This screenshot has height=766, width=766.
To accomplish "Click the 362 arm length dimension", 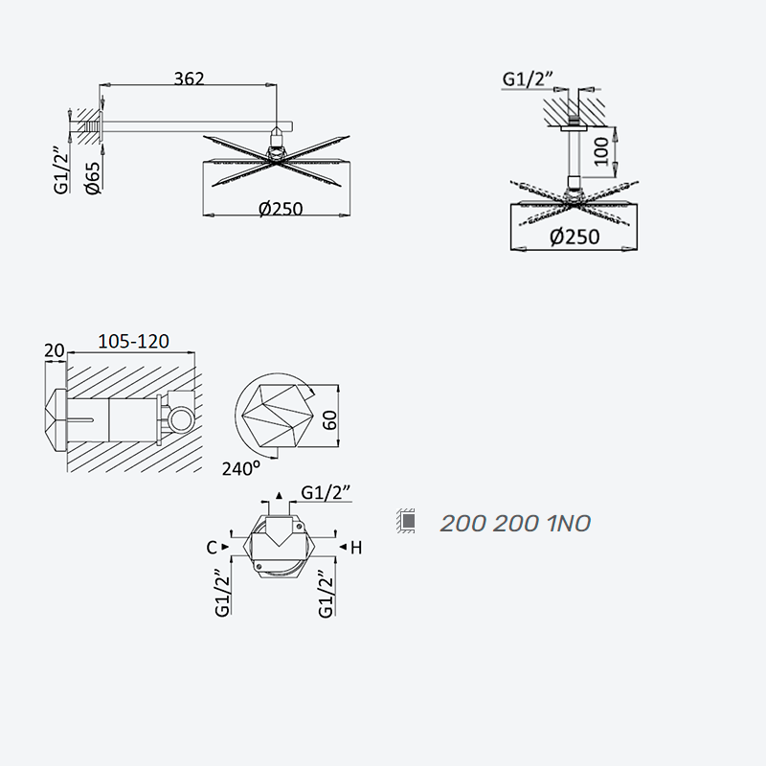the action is [189, 79].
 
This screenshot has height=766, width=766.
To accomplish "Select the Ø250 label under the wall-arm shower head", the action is [281, 209].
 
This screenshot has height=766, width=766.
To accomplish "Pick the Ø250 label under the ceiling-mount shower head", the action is [574, 237].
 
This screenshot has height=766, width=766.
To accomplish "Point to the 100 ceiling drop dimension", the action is [602, 151].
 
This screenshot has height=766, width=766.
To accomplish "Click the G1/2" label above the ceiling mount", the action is [528, 79].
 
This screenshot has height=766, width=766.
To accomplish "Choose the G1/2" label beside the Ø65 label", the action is [62, 169].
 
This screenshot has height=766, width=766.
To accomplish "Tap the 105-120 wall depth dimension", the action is [133, 341].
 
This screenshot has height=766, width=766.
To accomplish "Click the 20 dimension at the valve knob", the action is [55, 350].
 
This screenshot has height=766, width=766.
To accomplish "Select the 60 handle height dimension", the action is [330, 420].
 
